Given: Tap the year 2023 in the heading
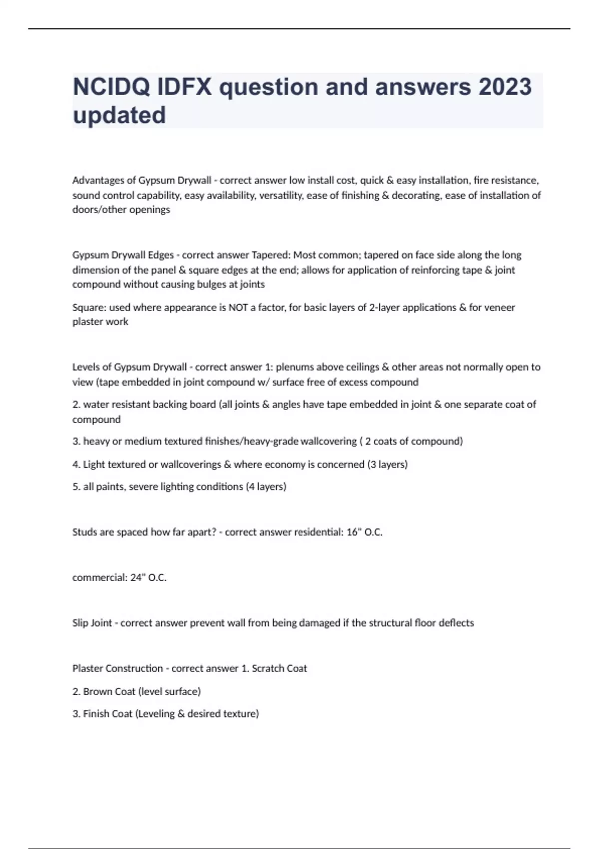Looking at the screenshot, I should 505,87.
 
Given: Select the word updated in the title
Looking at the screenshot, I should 119,115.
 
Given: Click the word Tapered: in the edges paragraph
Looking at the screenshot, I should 270,255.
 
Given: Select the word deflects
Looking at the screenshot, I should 456,623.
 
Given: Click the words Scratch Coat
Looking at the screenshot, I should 279,669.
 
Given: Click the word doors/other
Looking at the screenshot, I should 98,210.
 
